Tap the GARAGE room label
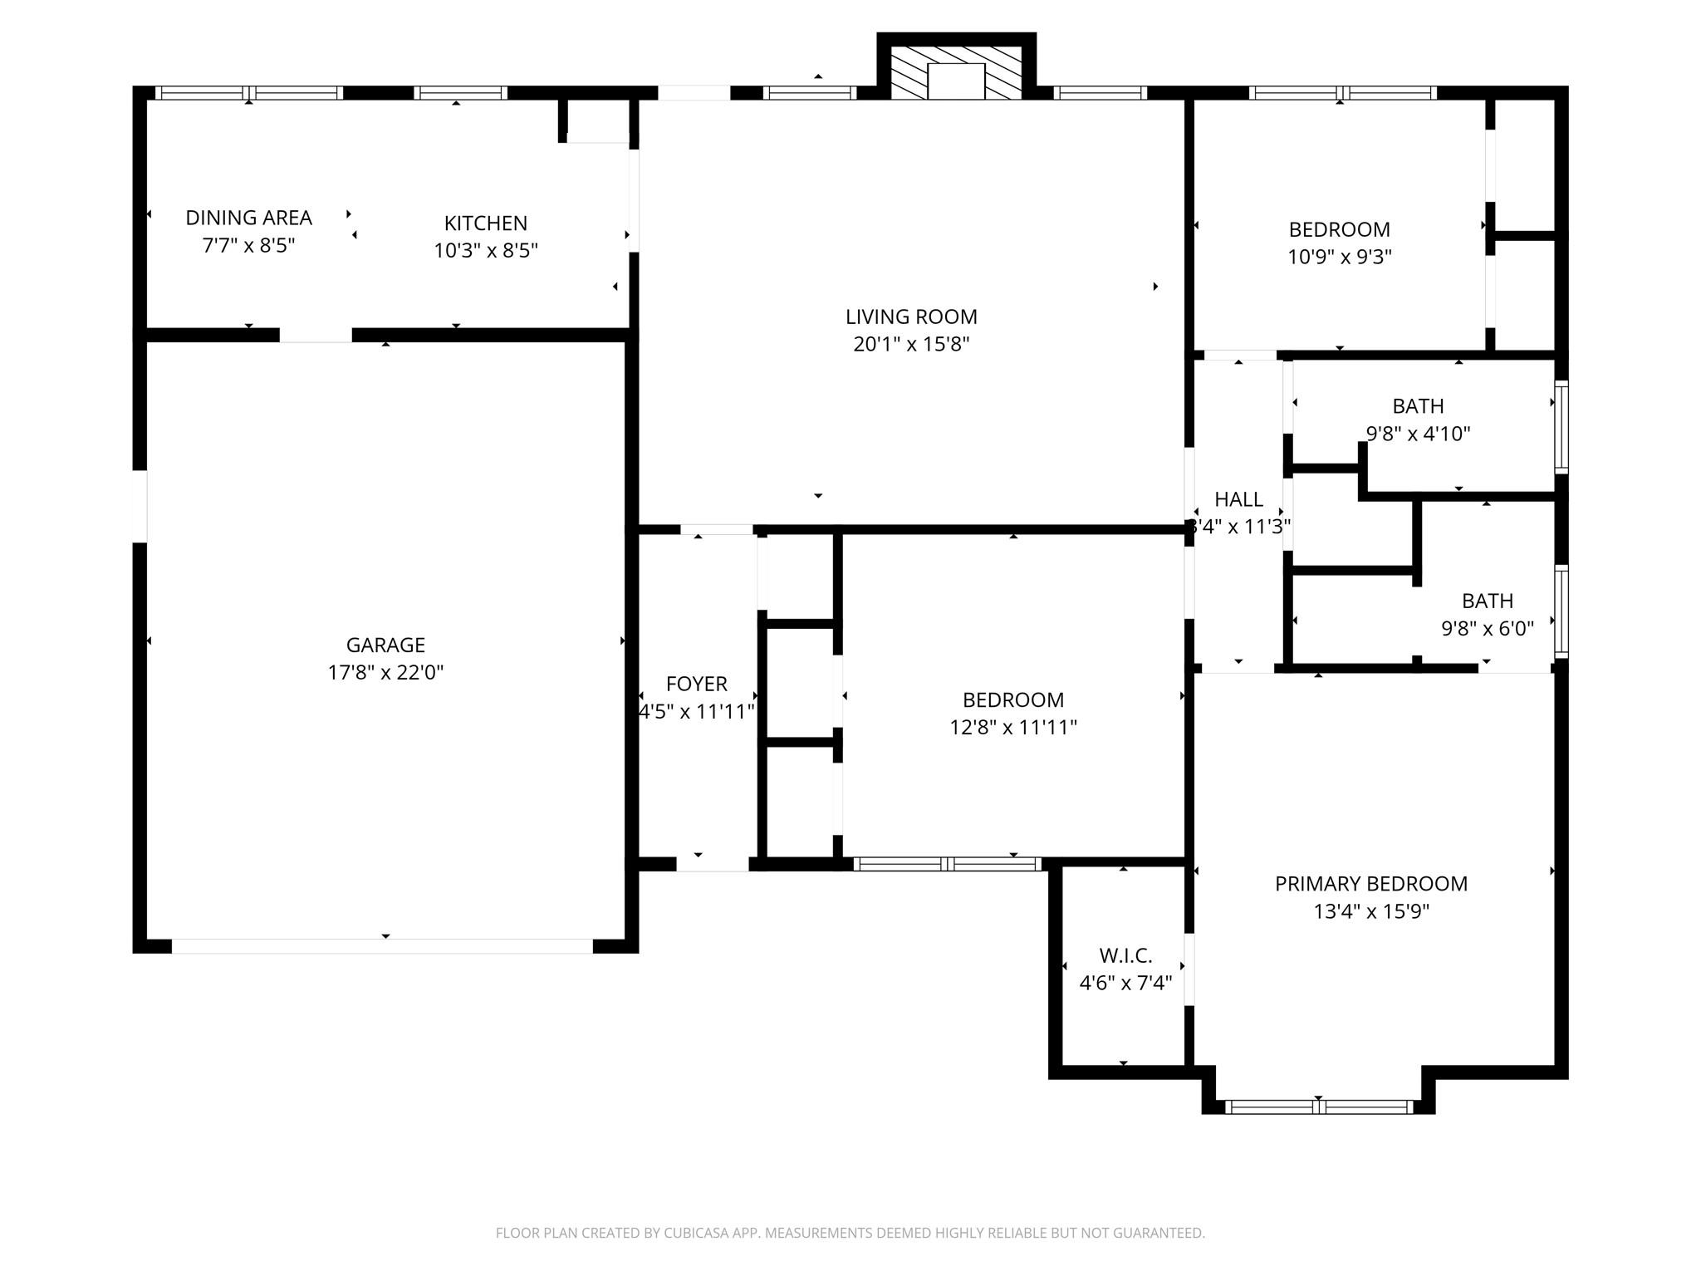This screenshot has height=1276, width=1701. tap(385, 645)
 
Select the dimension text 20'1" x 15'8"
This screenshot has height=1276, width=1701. tap(911, 344)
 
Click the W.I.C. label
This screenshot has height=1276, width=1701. tap(1125, 955)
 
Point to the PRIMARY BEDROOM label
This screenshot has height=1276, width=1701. tap(1371, 884)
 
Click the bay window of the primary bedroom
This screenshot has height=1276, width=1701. tap(1318, 1107)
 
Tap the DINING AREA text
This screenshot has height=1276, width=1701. tap(248, 218)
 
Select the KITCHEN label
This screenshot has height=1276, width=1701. tap(485, 223)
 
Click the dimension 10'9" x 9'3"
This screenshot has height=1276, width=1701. tap(1339, 257)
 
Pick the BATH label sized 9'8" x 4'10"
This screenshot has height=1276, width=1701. tap(1418, 406)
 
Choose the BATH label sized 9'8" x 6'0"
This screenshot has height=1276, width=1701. tap(1487, 601)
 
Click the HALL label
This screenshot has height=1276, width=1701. tap(1238, 499)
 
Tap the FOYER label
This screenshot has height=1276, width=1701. tap(696, 684)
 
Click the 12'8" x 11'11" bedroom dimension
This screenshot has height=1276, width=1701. tap(1012, 727)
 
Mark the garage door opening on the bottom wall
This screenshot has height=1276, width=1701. tap(382, 946)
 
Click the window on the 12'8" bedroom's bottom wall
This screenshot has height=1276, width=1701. tap(947, 864)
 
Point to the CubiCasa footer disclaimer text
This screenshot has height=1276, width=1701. tap(850, 1233)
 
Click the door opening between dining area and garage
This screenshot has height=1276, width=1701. tap(316, 335)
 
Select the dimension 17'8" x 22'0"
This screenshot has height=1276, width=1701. tap(385, 672)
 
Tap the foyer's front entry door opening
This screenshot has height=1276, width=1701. tap(713, 864)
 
